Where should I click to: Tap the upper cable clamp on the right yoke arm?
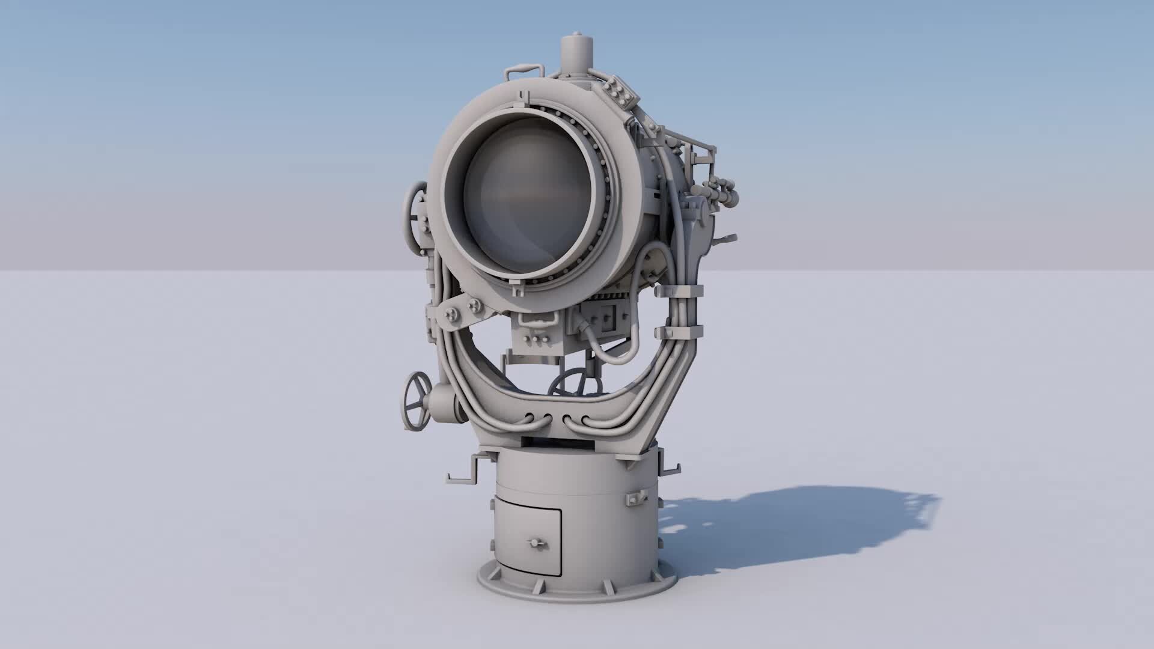point(679,291)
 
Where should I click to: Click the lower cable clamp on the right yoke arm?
point(679,331)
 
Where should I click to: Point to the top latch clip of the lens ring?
point(524,97)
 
